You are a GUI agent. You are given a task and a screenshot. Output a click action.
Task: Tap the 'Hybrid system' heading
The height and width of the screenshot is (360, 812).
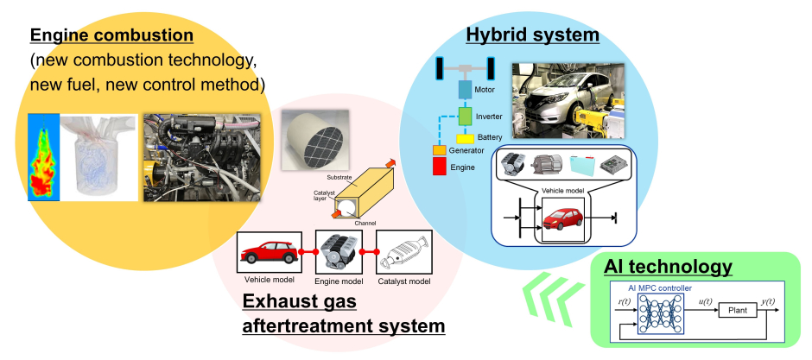(x=532, y=35)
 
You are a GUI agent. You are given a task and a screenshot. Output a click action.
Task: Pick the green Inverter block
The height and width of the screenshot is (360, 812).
(x=466, y=115)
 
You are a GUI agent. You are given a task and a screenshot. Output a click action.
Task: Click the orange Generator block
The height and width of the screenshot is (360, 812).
(x=439, y=150)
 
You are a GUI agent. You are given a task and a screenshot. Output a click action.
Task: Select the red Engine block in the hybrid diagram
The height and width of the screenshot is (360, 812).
(x=439, y=166)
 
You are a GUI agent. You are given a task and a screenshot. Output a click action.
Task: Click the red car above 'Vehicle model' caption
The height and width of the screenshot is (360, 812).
(x=269, y=253)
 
